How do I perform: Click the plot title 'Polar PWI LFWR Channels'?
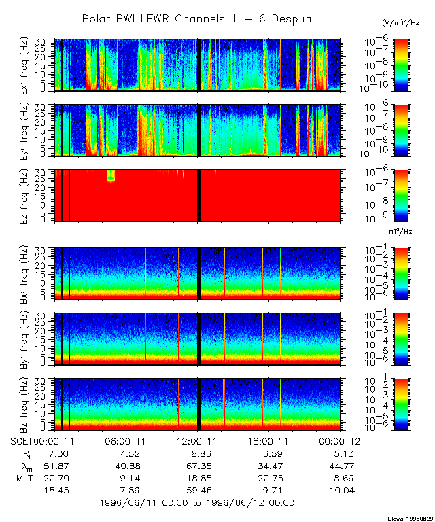(196, 19)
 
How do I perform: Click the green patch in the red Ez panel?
(111, 175)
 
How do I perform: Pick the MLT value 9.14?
(126, 477)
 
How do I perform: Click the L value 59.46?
(197, 489)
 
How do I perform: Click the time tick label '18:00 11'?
(266, 440)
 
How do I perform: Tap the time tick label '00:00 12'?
(338, 440)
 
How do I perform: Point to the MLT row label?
(25, 477)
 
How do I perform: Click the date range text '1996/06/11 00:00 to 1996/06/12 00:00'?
(196, 502)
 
